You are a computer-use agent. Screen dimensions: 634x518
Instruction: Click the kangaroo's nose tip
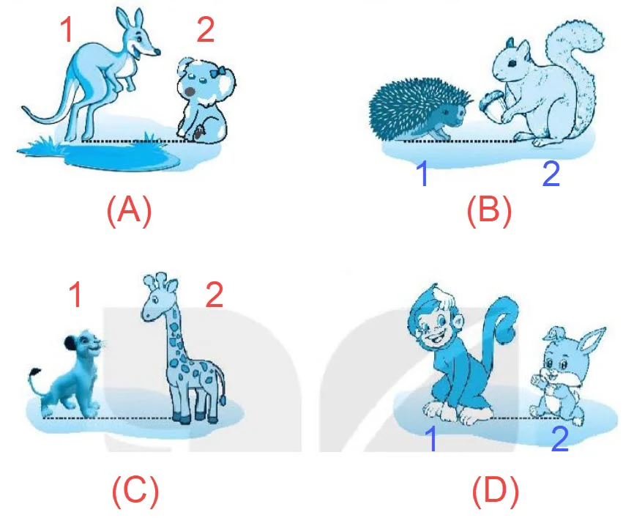click(157, 52)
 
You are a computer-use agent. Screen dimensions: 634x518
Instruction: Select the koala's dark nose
click(190, 92)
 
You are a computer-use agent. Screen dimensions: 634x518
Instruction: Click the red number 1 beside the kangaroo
click(67, 29)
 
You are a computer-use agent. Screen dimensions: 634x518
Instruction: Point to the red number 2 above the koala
click(206, 29)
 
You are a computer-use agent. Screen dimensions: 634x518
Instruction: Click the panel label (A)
click(129, 210)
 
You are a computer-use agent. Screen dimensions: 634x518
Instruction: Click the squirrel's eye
click(512, 63)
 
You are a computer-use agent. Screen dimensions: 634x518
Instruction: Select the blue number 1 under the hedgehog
click(422, 174)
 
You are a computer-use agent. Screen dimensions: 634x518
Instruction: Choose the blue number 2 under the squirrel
click(551, 174)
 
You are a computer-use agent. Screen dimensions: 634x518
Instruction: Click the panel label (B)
click(489, 210)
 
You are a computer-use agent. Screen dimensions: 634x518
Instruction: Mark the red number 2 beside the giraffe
click(215, 295)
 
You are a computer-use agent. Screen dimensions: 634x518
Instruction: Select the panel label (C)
click(135, 491)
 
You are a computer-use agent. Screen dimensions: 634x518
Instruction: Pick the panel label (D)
click(496, 491)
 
